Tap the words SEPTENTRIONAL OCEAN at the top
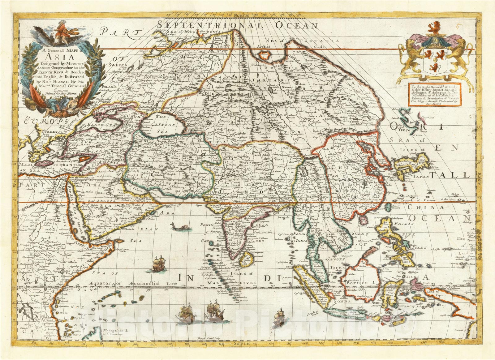coord(238,25)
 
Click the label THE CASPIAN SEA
coord(160,124)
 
